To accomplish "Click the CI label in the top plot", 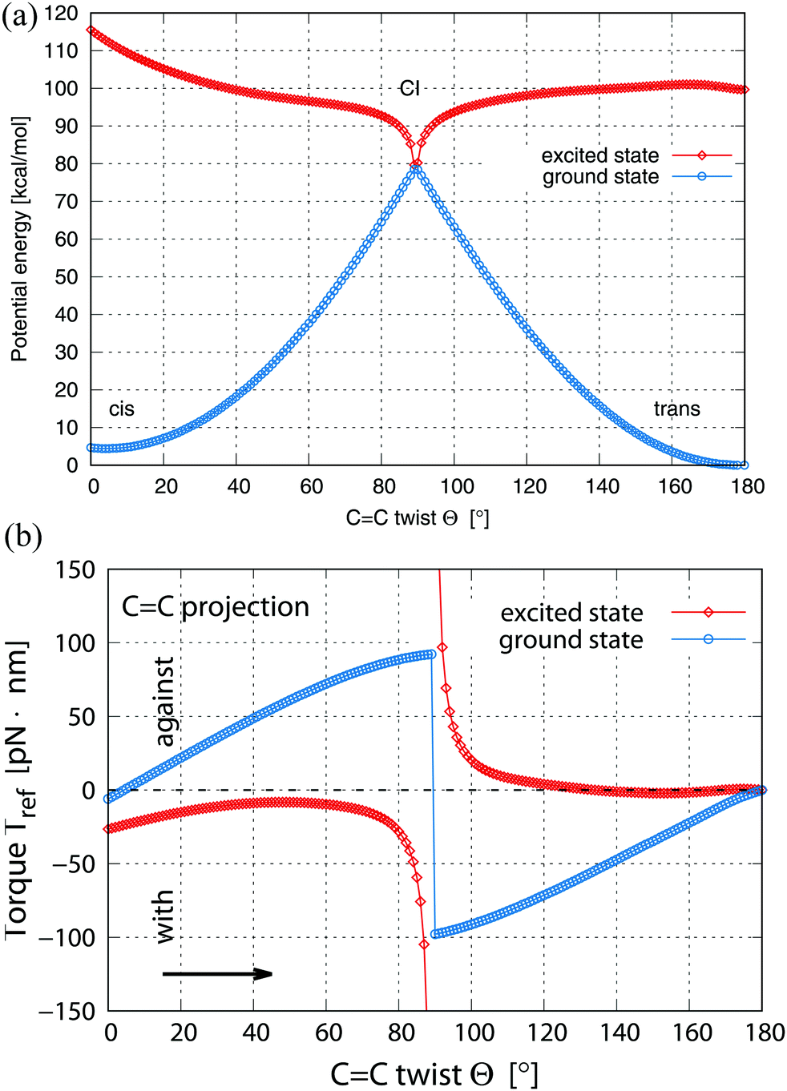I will click(x=410, y=88).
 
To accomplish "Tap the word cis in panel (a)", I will click(x=122, y=409).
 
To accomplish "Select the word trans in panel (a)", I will click(x=676, y=409).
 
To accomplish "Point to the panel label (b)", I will click(x=22, y=536).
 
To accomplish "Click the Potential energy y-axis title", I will click(x=19, y=239).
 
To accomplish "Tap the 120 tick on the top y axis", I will click(x=62, y=14).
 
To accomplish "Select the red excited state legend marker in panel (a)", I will click(x=702, y=155).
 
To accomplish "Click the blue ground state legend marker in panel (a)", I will click(x=702, y=176).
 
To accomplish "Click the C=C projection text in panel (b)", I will click(x=215, y=607).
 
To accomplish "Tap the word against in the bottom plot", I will click(x=165, y=702).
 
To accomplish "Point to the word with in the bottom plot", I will click(x=163, y=916).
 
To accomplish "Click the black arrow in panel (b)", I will click(x=217, y=974).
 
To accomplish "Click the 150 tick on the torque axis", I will click(x=76, y=570).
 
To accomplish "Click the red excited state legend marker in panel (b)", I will click(x=708, y=613).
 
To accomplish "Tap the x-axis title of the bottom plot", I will click(x=434, y=1074).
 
